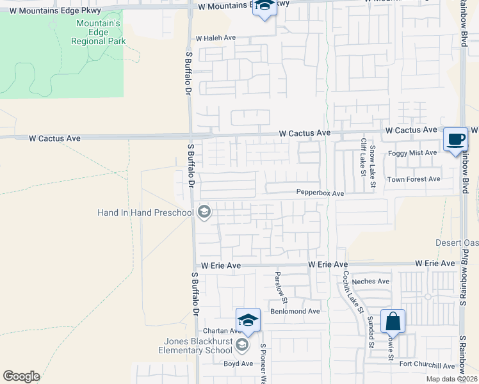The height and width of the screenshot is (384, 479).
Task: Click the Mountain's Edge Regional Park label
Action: coord(98,32)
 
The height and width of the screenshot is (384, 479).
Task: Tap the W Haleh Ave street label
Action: coord(216,38)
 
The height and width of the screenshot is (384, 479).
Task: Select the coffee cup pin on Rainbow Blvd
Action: coord(455,140)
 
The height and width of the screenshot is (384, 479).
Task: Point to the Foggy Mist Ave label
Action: coord(412,153)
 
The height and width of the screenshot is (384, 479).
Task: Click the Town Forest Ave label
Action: coord(414,179)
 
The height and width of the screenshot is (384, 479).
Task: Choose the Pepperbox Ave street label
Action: coord(320,193)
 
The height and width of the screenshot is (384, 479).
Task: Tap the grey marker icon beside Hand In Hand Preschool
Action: coord(204,212)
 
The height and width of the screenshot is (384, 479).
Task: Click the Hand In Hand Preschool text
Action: coord(145,212)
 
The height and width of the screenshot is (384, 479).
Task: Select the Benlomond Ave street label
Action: coord(295,312)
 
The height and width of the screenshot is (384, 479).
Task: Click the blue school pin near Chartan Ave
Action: coord(248,321)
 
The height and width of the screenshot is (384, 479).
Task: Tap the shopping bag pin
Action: coord(393,321)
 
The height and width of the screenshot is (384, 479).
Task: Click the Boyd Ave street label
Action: coord(238,364)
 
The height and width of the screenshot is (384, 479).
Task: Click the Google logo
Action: coord(21,376)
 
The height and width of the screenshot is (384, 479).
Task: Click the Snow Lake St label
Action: coord(373,168)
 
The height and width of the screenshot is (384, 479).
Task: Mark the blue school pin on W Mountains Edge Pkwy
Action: coord(263,8)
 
